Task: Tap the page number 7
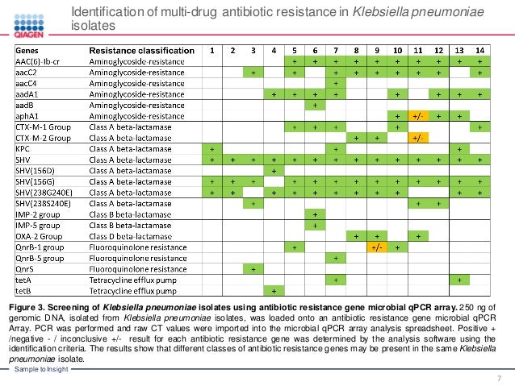coord(500,379)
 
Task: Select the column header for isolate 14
coord(480,50)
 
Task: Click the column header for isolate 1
coord(212,50)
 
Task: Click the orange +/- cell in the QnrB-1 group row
coord(376,247)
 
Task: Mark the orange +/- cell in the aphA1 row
coord(418,116)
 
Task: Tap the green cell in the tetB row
coord(274,290)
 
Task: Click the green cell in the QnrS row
coord(253,268)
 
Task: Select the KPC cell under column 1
coord(212,149)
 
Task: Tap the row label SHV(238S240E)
coord(42,203)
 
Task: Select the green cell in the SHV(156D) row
coord(274,171)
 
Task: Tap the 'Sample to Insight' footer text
coord(38,368)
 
